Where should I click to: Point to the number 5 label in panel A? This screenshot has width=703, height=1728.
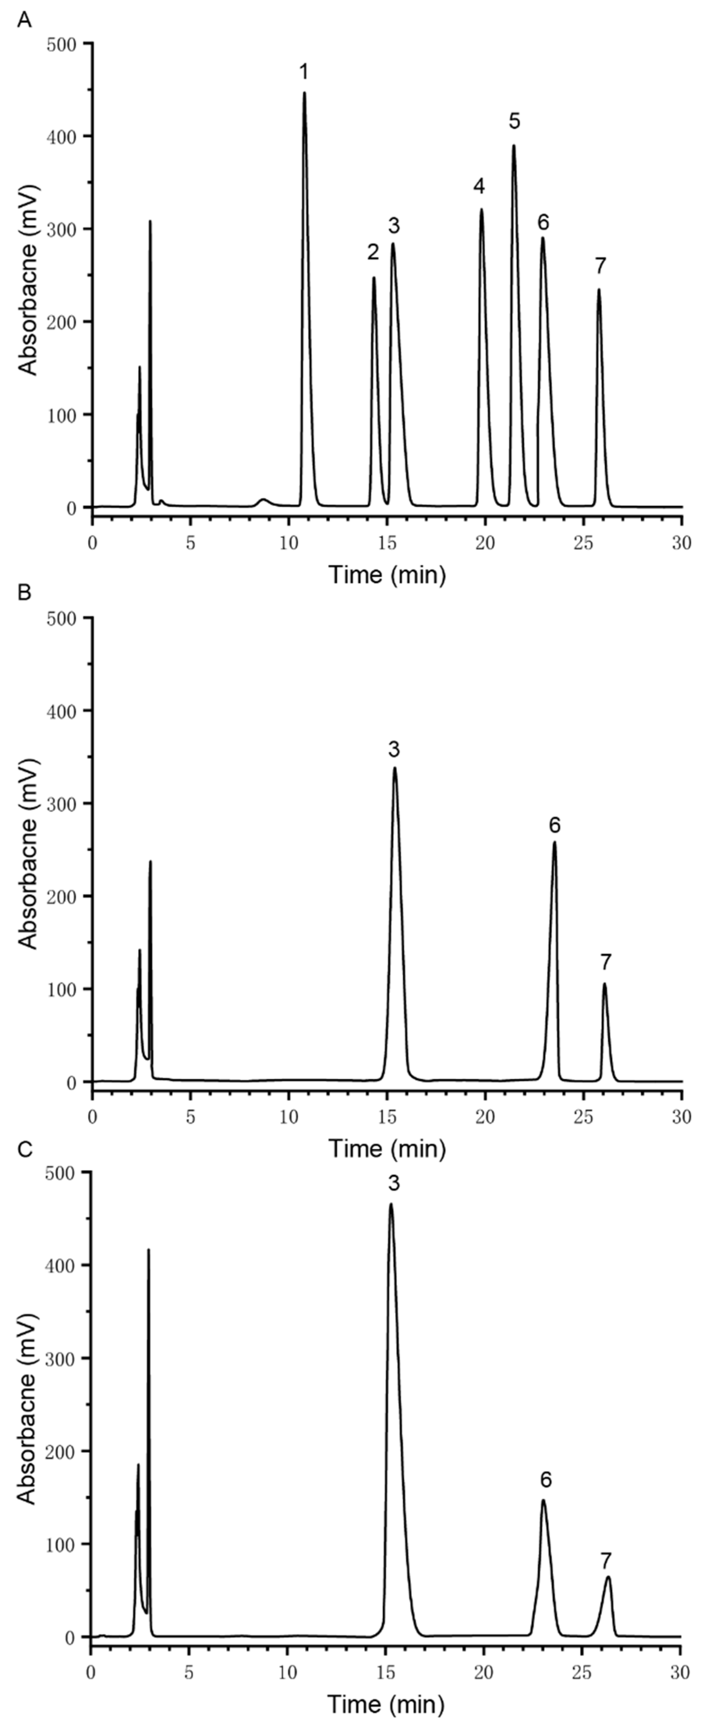(x=514, y=121)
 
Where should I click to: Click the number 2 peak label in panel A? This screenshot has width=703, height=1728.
(x=373, y=252)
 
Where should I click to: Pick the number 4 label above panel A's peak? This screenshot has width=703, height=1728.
(x=479, y=186)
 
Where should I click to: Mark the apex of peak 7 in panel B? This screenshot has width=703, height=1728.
(x=604, y=984)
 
